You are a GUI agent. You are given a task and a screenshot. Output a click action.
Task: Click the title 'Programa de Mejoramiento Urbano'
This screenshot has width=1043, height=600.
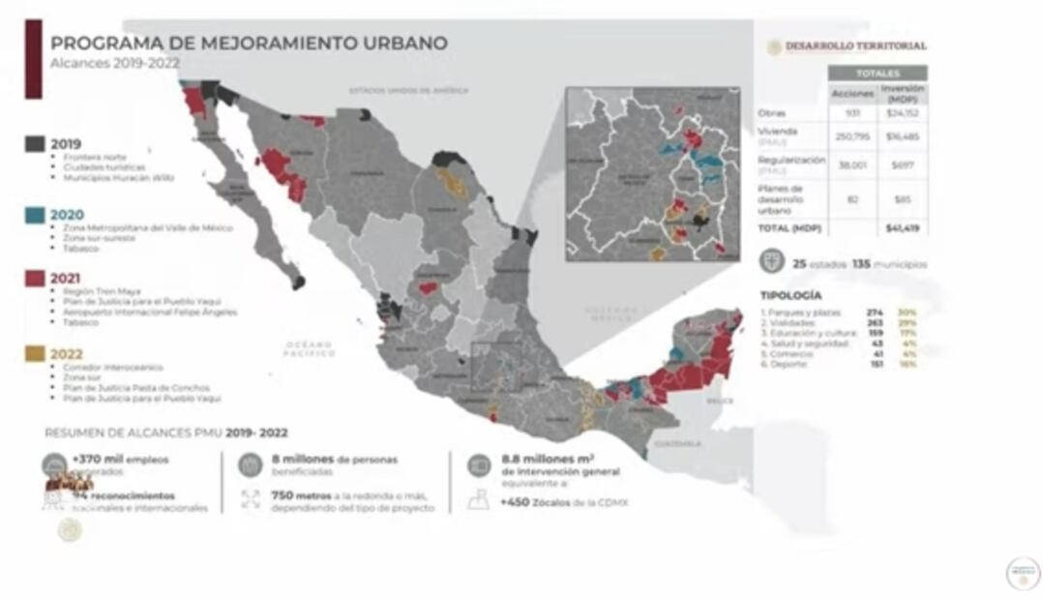click(249, 43)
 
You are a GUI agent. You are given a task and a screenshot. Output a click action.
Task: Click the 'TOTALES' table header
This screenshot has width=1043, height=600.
click(877, 74)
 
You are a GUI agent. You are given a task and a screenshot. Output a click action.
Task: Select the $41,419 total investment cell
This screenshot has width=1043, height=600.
click(901, 228)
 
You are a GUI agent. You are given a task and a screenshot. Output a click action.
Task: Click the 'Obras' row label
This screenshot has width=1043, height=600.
click(772, 113)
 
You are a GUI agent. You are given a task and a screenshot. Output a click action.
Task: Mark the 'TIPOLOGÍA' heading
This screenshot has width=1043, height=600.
click(791, 295)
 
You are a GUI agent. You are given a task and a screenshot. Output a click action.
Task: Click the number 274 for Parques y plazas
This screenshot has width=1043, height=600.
click(876, 312)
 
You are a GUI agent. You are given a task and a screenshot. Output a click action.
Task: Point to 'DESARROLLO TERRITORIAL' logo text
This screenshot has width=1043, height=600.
click(855, 45)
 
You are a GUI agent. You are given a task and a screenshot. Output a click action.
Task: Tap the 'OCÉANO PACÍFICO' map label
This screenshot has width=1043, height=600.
click(310, 349)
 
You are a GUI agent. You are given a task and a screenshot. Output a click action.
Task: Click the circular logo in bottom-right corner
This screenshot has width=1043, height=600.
click(1022, 573)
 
